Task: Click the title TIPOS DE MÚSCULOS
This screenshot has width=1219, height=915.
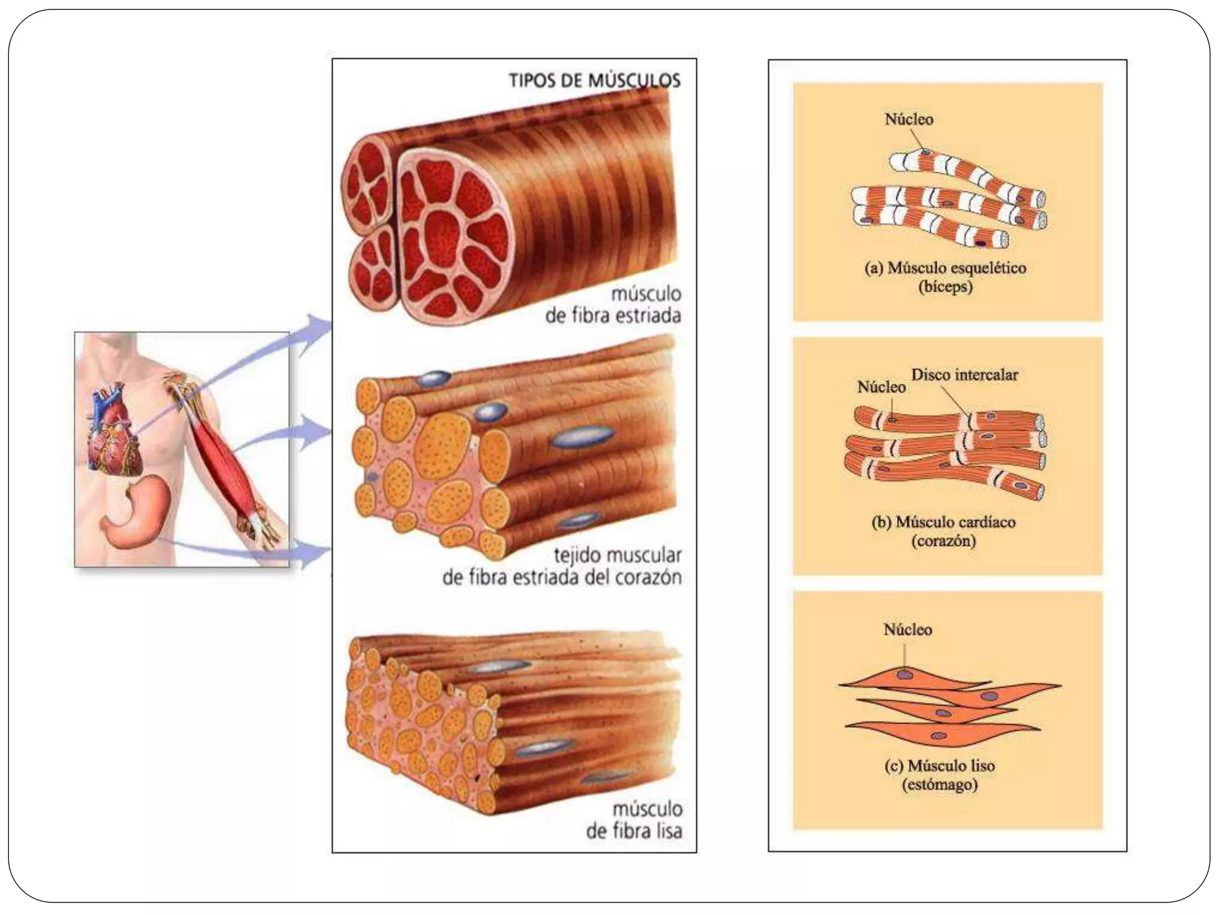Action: pyautogui.click(x=594, y=80)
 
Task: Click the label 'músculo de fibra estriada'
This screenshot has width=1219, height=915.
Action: pyautogui.click(x=613, y=304)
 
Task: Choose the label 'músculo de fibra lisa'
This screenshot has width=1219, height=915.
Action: pyautogui.click(x=634, y=820)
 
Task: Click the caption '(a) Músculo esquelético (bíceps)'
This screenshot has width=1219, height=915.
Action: pyautogui.click(x=945, y=277)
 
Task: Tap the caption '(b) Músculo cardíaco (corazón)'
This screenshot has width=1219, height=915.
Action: pyautogui.click(x=943, y=531)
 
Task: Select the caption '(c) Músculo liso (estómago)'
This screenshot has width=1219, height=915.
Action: pyautogui.click(x=940, y=775)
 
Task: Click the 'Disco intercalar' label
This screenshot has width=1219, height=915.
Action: pyautogui.click(x=964, y=375)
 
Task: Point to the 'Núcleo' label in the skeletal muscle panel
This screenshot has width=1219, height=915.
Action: pyautogui.click(x=909, y=119)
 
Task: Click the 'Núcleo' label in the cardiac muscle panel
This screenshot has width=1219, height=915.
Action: pyautogui.click(x=882, y=387)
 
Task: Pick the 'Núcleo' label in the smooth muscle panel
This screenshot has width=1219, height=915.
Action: pyautogui.click(x=908, y=630)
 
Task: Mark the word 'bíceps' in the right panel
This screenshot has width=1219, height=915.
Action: pyautogui.click(x=945, y=287)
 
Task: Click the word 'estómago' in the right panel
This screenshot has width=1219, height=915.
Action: pyautogui.click(x=940, y=785)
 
